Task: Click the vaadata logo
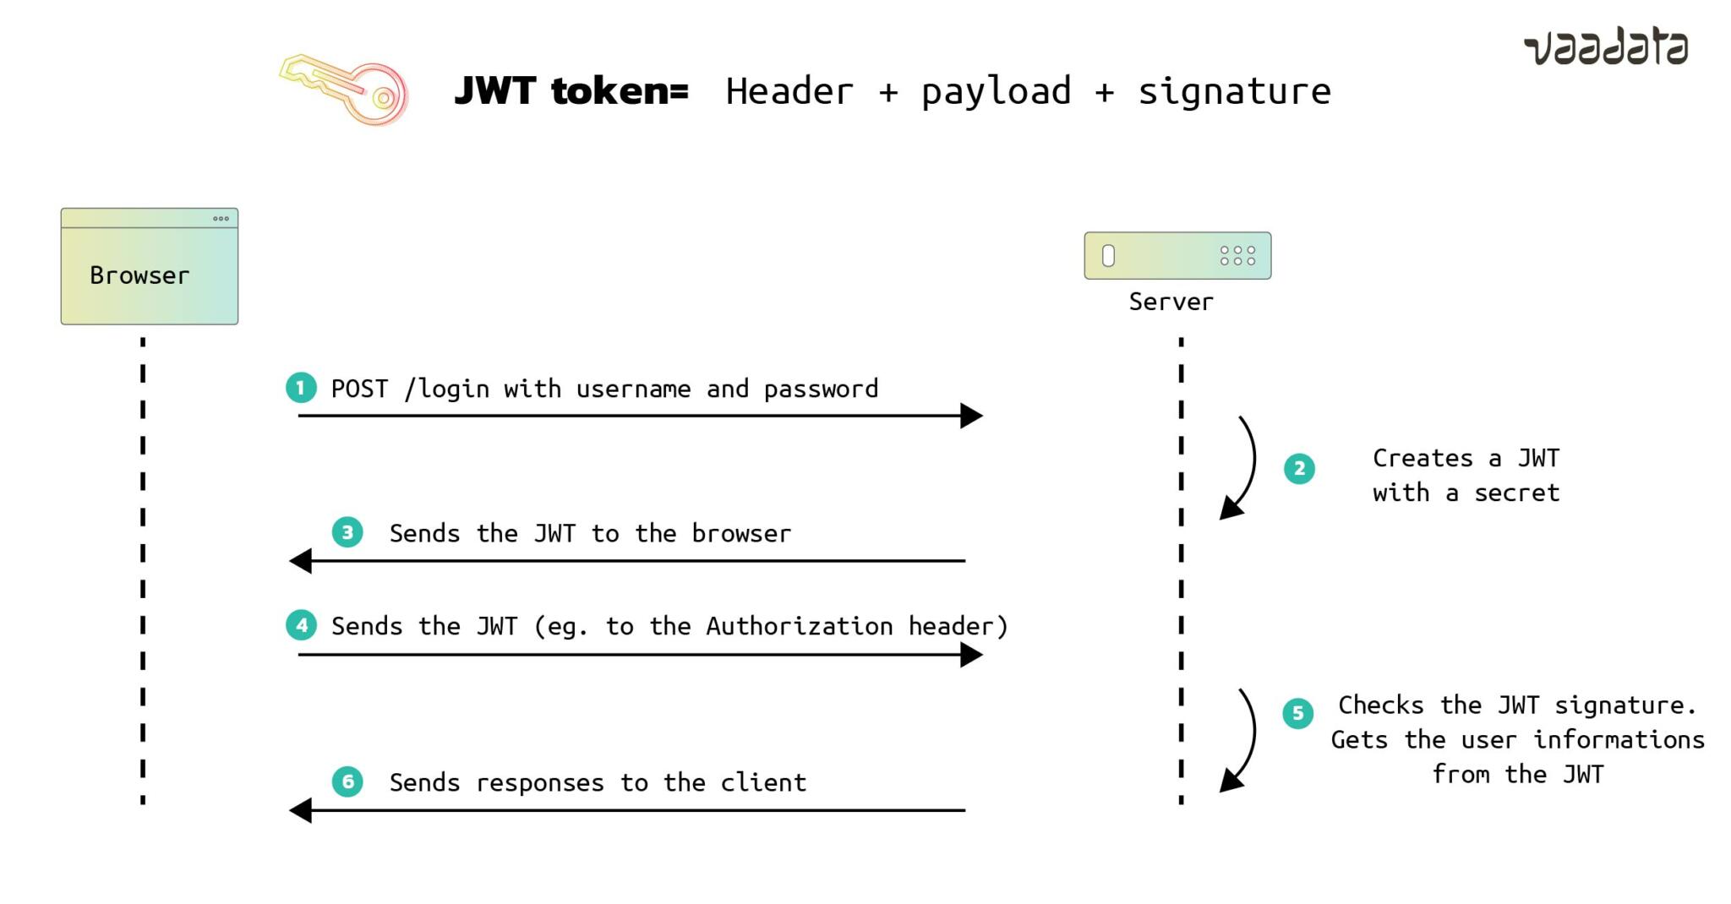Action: click(1606, 47)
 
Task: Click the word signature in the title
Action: click(1234, 91)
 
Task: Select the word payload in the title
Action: click(996, 91)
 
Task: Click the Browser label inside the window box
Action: click(139, 275)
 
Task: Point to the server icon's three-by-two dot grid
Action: click(1237, 255)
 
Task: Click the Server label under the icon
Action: click(1171, 302)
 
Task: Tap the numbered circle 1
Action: click(301, 388)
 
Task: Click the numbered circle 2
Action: click(1299, 468)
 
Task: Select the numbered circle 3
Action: click(347, 532)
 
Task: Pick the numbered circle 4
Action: click(301, 625)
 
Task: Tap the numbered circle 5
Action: click(1297, 713)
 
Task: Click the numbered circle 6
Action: click(347, 781)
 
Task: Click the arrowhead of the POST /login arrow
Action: click(972, 416)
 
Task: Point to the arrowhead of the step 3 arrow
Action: click(300, 560)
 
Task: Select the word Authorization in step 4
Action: click(799, 626)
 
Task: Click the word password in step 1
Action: click(821, 389)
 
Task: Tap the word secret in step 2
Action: click(1516, 493)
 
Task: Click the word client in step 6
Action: click(763, 782)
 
